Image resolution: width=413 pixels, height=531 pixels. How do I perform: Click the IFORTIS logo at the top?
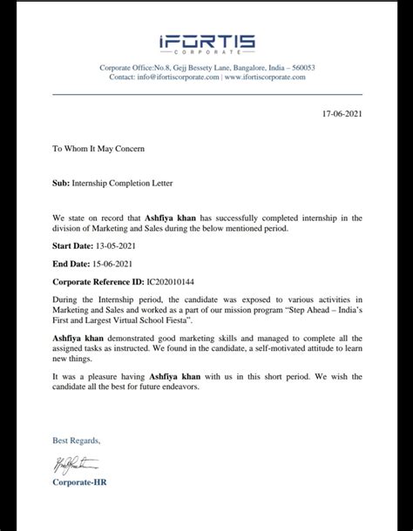pyautogui.click(x=206, y=44)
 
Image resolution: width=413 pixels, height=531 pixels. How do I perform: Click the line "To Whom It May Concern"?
pyautogui.click(x=98, y=149)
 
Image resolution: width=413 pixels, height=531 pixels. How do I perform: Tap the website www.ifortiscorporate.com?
pyautogui.click(x=265, y=77)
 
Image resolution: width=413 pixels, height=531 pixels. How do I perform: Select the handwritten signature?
pyautogui.click(x=76, y=466)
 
